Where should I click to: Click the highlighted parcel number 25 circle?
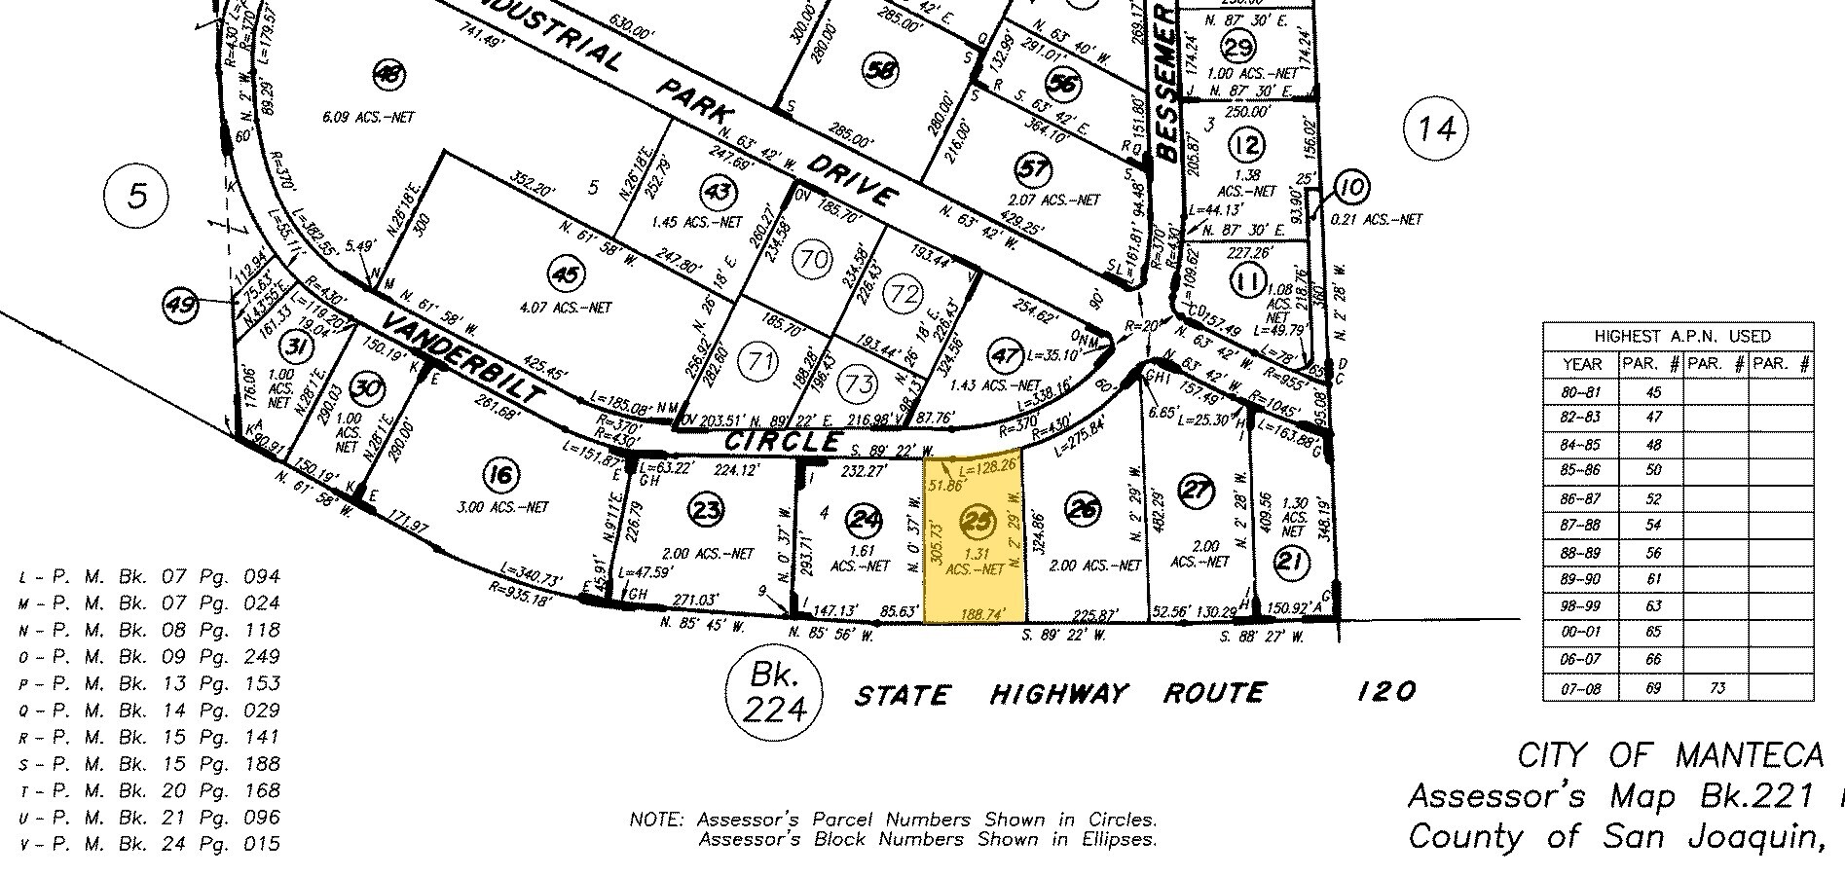977,522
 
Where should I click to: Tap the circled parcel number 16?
500,476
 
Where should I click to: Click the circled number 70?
812,261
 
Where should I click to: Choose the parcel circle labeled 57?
1033,169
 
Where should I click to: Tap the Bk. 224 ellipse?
774,692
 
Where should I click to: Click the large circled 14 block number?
1436,128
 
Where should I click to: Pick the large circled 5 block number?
137,197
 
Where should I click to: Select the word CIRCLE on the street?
783,442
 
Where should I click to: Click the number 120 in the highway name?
1385,692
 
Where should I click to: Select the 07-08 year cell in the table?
1582,688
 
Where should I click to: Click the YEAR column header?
1582,364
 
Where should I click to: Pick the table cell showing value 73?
1716,688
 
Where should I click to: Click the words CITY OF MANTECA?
1669,755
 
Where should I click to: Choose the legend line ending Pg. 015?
150,844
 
